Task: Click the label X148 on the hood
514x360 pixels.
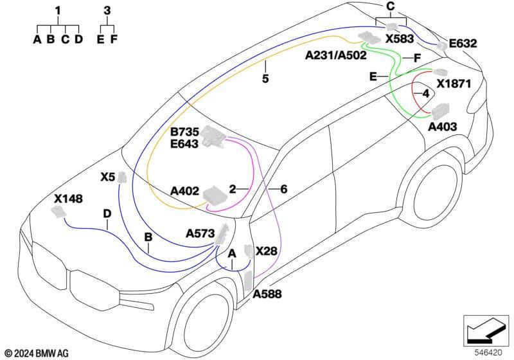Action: (x=68, y=199)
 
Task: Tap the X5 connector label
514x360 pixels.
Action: (x=108, y=177)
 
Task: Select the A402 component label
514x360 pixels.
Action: (x=184, y=191)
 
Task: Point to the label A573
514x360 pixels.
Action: (x=200, y=234)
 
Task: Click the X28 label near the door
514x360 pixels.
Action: (x=266, y=251)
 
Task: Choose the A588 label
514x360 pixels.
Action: (x=267, y=294)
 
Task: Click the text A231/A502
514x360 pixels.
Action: (x=336, y=55)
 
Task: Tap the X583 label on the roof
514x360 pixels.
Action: (x=400, y=39)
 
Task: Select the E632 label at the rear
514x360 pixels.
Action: (x=463, y=44)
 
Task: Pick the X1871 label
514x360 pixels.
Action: (x=454, y=84)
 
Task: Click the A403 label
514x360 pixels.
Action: (x=443, y=127)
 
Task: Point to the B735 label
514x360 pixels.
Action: (x=184, y=132)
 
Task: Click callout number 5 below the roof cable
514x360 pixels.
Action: (x=265, y=78)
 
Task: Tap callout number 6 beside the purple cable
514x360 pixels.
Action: (x=283, y=189)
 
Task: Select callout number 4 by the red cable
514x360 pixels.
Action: (x=426, y=94)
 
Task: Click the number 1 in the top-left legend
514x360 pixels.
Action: (x=58, y=11)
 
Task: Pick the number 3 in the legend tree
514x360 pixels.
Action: (x=107, y=11)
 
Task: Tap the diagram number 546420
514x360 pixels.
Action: (x=488, y=353)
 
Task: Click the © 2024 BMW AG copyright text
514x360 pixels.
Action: (x=37, y=354)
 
